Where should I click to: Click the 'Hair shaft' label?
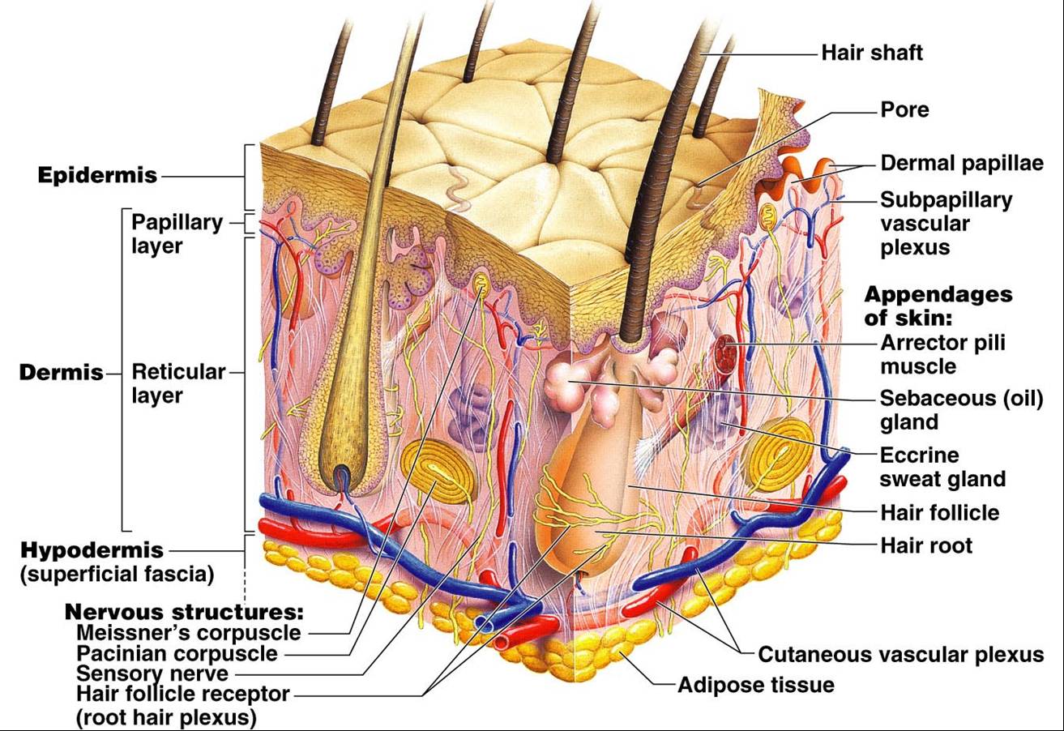coord(871,53)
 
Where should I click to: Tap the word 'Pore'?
coord(904,109)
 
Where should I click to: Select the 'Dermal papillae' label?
coord(961,163)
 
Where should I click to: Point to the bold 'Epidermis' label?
coord(97,175)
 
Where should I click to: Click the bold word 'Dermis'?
coord(62,373)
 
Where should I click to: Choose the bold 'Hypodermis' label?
coord(92,550)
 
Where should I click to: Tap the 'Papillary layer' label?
coord(176,233)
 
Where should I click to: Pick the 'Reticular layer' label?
coord(178,383)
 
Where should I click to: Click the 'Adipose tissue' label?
coord(755,685)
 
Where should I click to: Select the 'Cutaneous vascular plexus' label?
coord(900,654)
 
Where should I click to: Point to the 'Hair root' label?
coord(926,545)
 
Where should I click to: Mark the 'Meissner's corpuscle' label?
coord(188,632)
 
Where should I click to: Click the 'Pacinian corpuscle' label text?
coord(177,653)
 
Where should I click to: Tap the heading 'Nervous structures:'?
coord(184,611)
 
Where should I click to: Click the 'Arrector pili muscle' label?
coord(942,354)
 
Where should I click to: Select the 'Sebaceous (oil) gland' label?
coord(961,409)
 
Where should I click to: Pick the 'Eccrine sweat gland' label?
coord(942,466)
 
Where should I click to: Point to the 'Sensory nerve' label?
coord(152,673)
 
